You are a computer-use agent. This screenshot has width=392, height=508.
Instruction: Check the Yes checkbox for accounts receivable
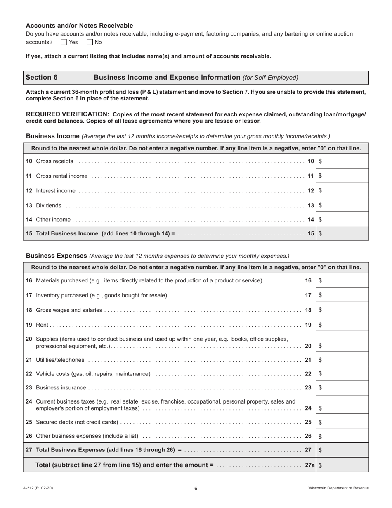click(64, 42)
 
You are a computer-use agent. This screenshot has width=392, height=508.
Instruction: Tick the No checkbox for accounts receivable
click(90, 42)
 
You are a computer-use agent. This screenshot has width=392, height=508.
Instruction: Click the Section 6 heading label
click(42, 77)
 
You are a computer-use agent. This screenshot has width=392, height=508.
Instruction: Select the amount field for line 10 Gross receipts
click(342, 161)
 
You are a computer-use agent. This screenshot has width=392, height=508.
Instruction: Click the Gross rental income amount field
click(342, 176)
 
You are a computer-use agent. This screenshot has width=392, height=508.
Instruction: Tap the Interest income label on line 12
click(56, 191)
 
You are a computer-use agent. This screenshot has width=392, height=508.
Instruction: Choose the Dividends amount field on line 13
click(342, 205)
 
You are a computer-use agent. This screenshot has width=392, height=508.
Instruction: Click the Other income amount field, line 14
click(342, 219)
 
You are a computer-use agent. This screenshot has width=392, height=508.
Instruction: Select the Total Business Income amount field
click(342, 233)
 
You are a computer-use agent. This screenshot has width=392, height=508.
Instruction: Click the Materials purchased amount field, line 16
click(342, 280)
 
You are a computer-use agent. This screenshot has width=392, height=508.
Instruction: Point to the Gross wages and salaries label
click(69, 310)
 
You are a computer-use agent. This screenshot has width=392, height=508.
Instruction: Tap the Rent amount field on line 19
click(342, 325)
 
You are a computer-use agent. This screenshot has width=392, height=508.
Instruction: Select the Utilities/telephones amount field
click(342, 360)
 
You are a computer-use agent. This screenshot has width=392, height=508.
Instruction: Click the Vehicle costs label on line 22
click(93, 374)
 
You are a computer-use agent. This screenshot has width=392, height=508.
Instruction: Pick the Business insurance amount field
click(342, 387)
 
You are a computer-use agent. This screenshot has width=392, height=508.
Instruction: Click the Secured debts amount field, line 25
click(342, 422)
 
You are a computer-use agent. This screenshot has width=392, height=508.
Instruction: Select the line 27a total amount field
click(342, 465)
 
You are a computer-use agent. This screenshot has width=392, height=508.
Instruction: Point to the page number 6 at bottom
click(196, 489)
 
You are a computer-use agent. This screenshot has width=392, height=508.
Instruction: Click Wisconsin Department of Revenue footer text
click(338, 488)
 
